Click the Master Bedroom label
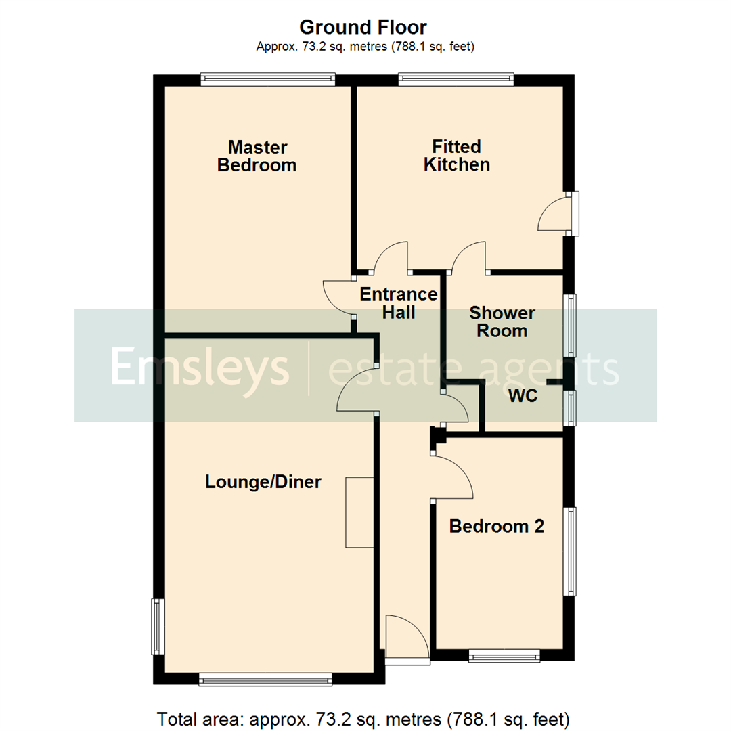point(257,156)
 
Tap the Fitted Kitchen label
point(457,156)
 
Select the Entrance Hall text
point(399,303)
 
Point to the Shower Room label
point(502,322)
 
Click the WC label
point(523,397)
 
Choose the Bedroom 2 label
point(497,526)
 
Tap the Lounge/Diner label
point(263,482)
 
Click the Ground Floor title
point(363,28)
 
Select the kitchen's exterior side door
point(574,213)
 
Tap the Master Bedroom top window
point(268,80)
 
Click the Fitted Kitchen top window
point(456,80)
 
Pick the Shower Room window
point(572,325)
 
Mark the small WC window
point(573,408)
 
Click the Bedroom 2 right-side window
point(572,552)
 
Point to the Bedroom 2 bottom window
point(505,655)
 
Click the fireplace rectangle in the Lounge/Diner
point(359,512)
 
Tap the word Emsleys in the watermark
point(200,366)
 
